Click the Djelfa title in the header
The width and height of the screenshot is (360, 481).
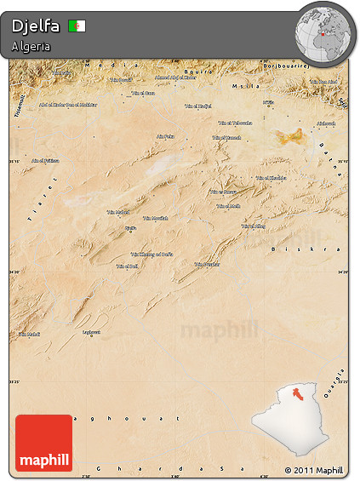36,26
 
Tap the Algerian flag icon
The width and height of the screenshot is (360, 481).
77,26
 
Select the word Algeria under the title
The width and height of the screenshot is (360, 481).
31,46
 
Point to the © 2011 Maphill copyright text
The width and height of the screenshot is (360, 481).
314,470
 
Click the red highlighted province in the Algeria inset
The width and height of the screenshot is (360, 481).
299,392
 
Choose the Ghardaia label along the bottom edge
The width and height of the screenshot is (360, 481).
170,468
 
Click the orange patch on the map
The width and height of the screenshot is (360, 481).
289,135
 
